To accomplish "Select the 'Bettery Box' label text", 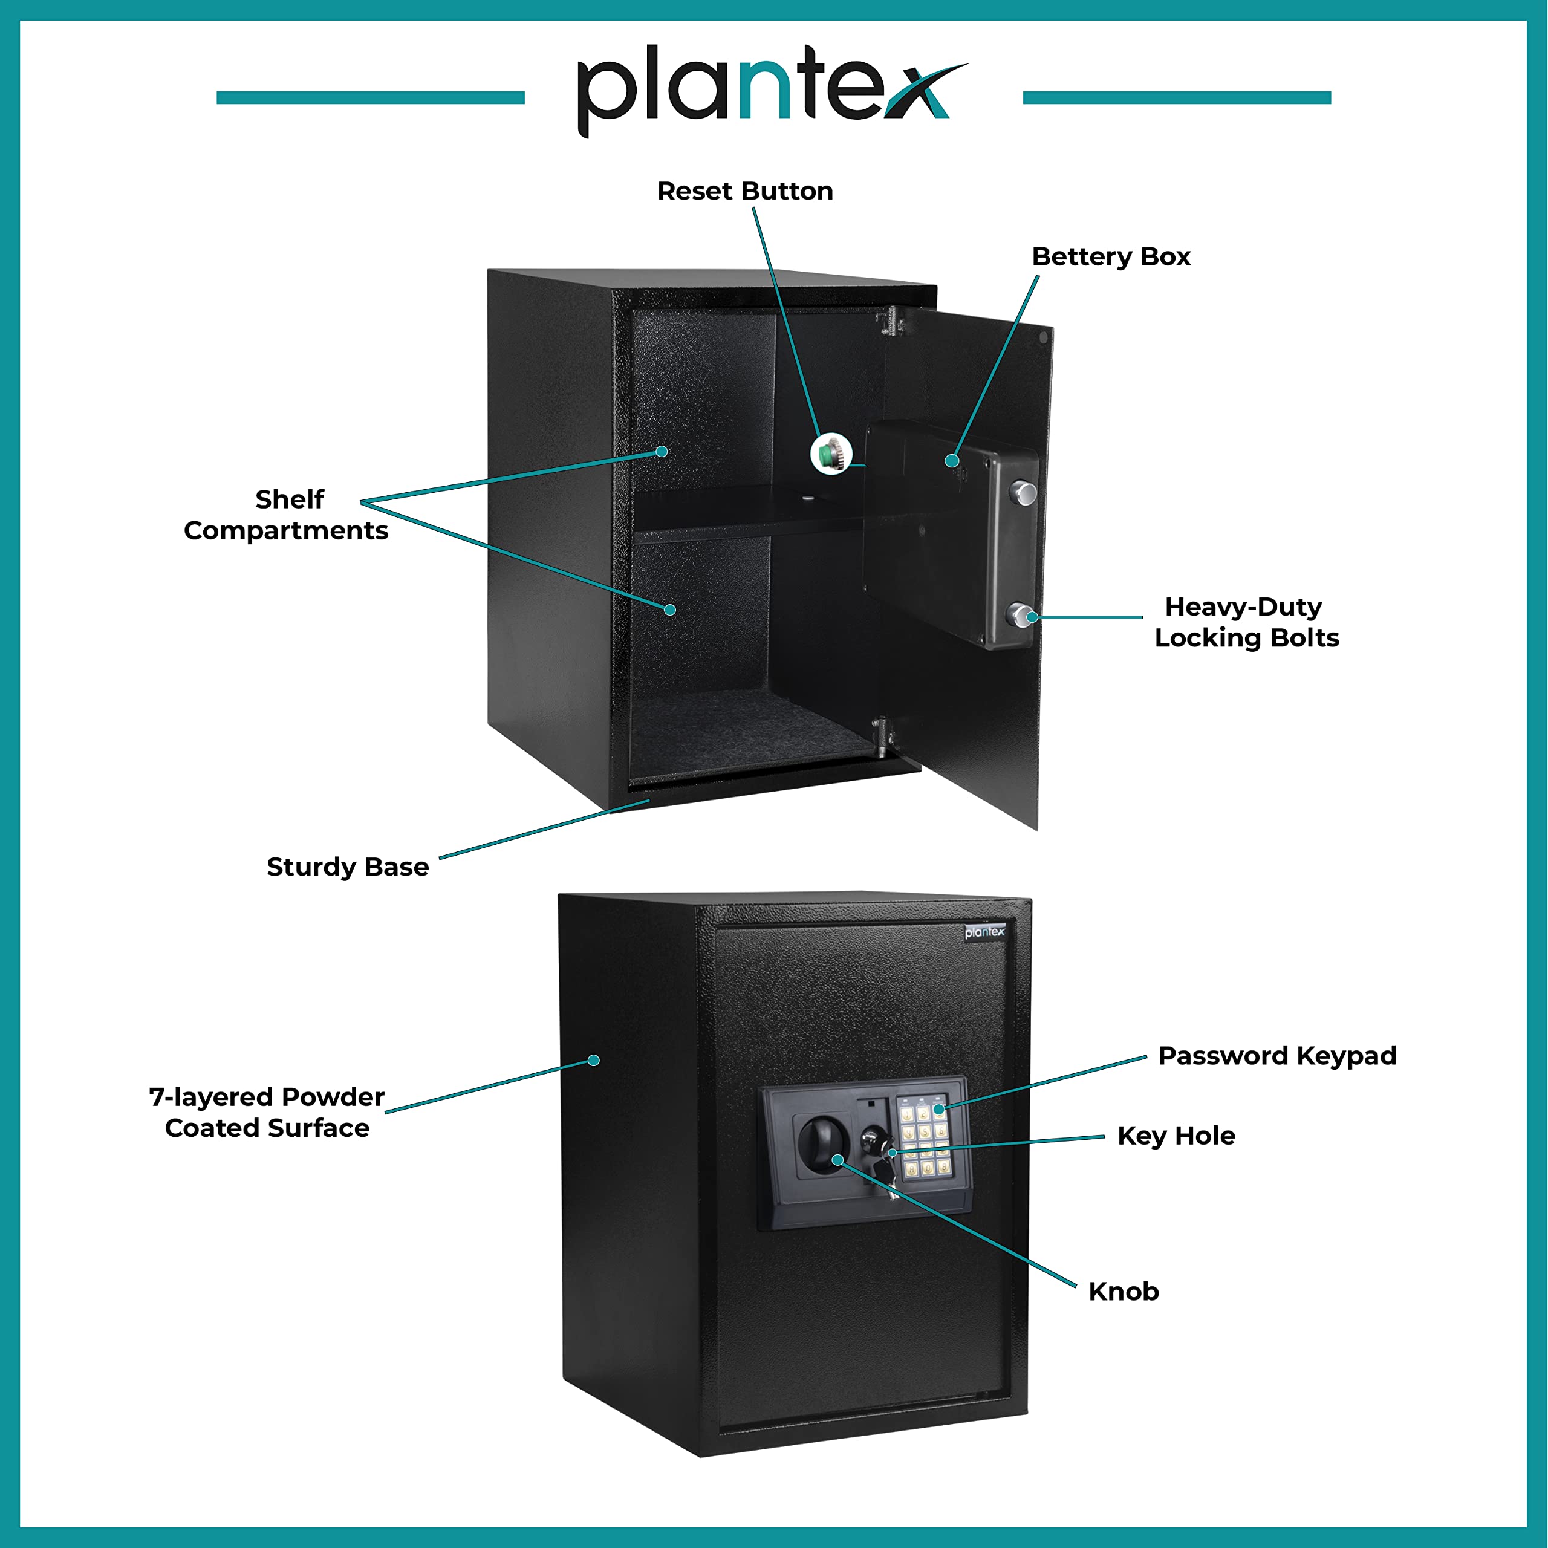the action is coord(1111,257).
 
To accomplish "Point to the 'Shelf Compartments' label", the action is coord(287,515).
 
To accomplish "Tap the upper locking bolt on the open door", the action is coord(1024,492).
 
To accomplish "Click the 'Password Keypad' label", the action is coord(1277,1056).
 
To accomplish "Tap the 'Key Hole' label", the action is coord(1176,1136).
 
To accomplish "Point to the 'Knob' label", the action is coord(1124,1292).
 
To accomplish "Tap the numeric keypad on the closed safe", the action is coord(925,1139).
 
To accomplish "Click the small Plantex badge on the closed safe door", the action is coord(984,932).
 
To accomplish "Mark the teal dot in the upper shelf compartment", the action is coord(662,451).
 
